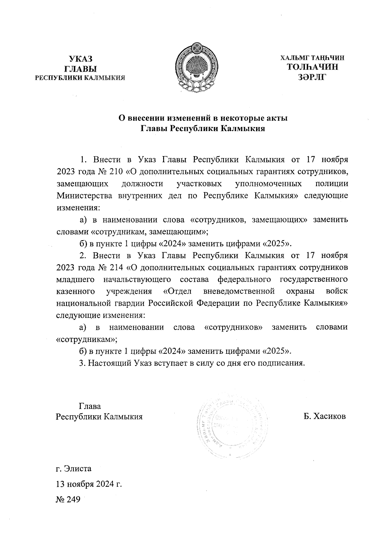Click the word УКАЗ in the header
coord(80,59)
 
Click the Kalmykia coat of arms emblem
coord(197,67)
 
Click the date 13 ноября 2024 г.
coord(89,484)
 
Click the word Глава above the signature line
coord(90,406)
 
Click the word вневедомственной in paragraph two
coord(239,292)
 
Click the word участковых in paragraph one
coord(199,184)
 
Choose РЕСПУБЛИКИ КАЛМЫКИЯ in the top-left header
coord(80,78)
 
